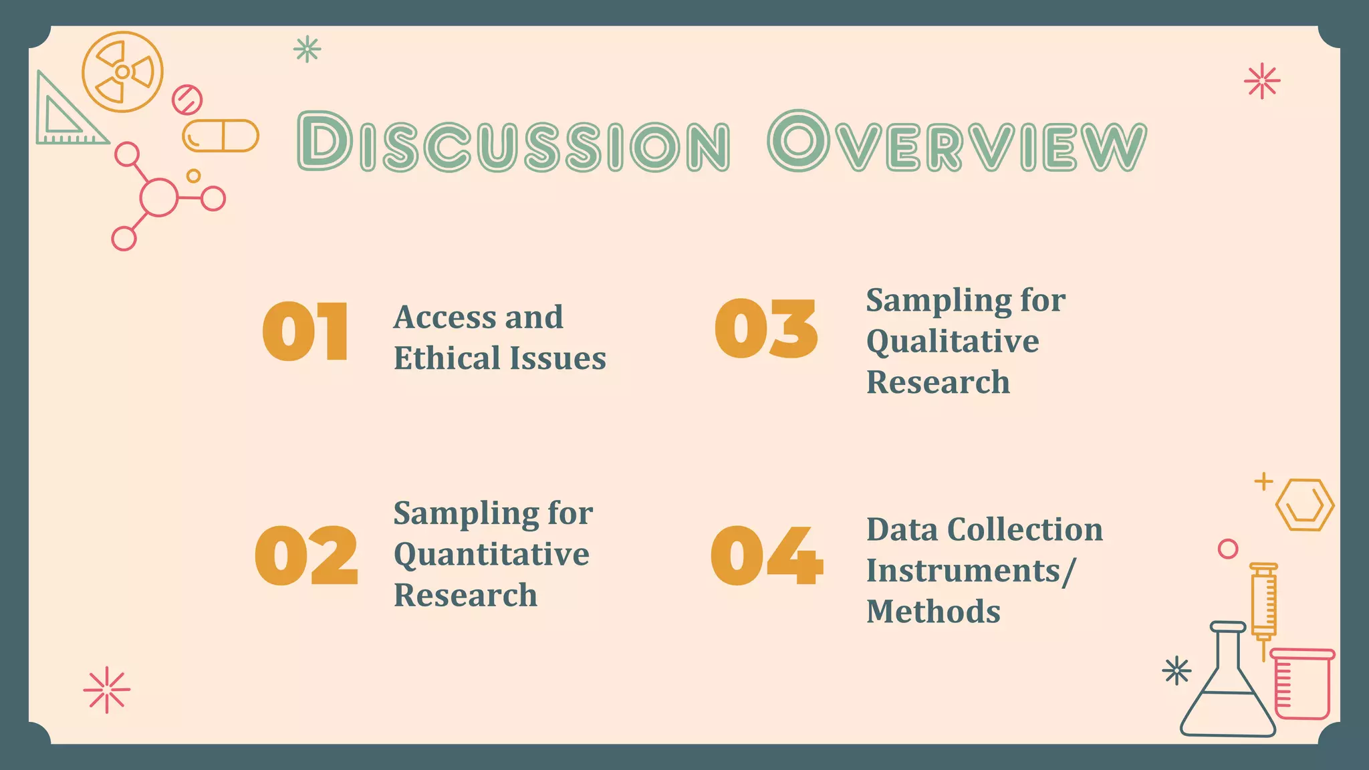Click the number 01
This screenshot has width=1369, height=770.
[305, 332]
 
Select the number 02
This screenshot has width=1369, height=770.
[306, 555]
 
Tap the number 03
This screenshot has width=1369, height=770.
[766, 329]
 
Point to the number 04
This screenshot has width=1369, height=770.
[767, 555]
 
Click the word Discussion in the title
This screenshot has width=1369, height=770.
[513, 142]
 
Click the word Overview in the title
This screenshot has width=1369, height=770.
[957, 142]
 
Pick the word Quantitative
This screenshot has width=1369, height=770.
[491, 554]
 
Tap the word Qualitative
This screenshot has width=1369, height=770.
[953, 342]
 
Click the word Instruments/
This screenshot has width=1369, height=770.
[971, 571]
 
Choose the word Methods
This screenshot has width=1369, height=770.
[933, 612]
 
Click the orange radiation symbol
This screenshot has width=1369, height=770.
[122, 72]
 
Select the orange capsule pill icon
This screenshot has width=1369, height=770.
[221, 136]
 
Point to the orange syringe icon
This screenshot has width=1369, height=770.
[1263, 605]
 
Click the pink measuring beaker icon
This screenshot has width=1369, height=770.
[1302, 683]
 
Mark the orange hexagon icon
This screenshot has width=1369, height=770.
[1304, 505]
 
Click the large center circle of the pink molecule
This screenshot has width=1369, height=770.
[158, 197]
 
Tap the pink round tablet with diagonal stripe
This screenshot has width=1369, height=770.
[187, 100]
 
